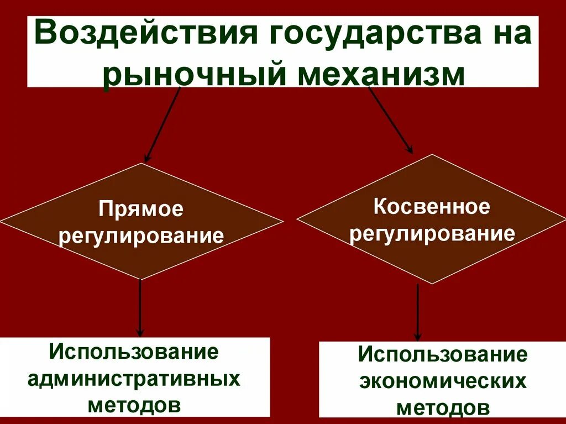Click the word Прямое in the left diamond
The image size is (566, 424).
141,210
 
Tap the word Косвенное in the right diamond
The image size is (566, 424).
431,207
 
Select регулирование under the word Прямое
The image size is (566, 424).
142,236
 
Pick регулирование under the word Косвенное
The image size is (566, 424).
432,233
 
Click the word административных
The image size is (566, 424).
134,379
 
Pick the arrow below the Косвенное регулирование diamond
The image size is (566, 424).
417,312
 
